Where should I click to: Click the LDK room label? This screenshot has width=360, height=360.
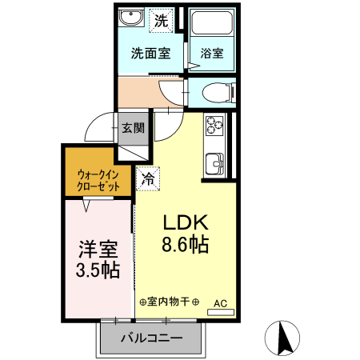pos(186,222)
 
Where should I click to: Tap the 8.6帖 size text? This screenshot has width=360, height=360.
pos(186,245)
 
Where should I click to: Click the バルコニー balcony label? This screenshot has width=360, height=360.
pos(150,338)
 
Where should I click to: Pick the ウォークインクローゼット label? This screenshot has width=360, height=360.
pos(98,179)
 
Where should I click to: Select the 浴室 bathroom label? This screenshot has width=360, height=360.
pos(212,54)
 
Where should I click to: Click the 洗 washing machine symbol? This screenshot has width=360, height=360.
pos(162,20)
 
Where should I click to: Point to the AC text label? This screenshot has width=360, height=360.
pos(220,303)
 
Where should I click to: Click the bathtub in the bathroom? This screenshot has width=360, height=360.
pos(212,23)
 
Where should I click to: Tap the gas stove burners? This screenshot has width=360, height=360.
pos(215,126)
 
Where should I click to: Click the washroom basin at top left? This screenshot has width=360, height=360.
pos(128,19)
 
